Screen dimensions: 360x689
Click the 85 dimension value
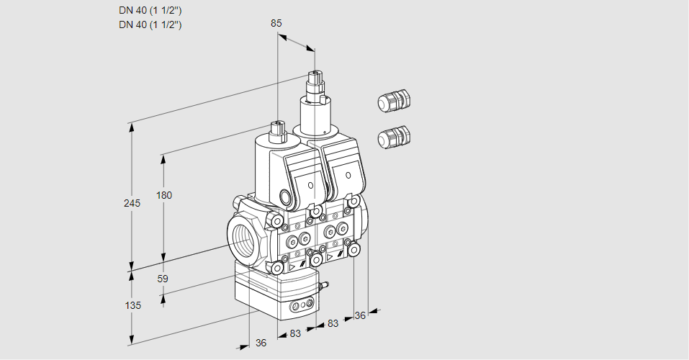[x=276, y=23]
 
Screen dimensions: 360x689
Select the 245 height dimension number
[x=132, y=204]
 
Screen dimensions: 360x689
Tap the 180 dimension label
[x=165, y=196]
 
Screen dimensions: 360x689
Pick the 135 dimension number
[x=132, y=305]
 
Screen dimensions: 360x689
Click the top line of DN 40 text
[x=150, y=10]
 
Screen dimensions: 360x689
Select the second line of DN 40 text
[x=150, y=24]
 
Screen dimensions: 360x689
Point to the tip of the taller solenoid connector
[x=314, y=73]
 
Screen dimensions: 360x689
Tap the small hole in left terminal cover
[x=310, y=185]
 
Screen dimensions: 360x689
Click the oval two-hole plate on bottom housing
[x=300, y=307]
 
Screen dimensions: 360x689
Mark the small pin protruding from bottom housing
[x=325, y=286]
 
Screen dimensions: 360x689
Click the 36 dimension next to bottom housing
[x=261, y=343]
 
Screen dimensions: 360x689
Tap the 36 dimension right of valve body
[x=361, y=315]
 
